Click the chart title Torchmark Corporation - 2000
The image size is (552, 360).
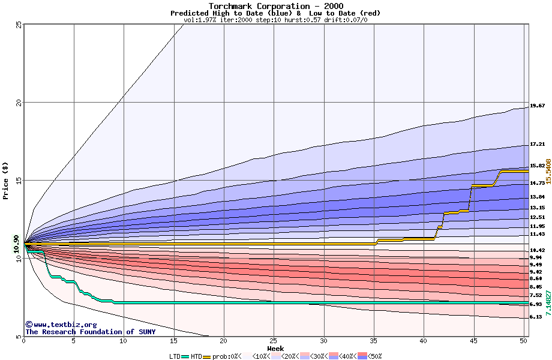click(275, 5)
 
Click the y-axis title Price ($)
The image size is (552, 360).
click(5, 181)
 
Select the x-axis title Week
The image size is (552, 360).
click(275, 348)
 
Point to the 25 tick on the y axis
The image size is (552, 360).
click(19, 25)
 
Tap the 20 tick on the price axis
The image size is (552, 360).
click(19, 103)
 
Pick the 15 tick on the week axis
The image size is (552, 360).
click(173, 341)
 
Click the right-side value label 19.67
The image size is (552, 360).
click(537, 106)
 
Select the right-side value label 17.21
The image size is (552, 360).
click(537, 144)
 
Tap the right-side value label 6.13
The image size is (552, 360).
click(536, 316)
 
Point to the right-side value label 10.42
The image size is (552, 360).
click(537, 250)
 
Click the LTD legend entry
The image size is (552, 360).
click(175, 356)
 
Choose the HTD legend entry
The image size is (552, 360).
click(196, 356)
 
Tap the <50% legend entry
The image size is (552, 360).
click(373, 356)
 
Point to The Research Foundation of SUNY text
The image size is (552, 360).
click(90, 332)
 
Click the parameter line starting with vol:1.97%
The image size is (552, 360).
click(275, 20)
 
